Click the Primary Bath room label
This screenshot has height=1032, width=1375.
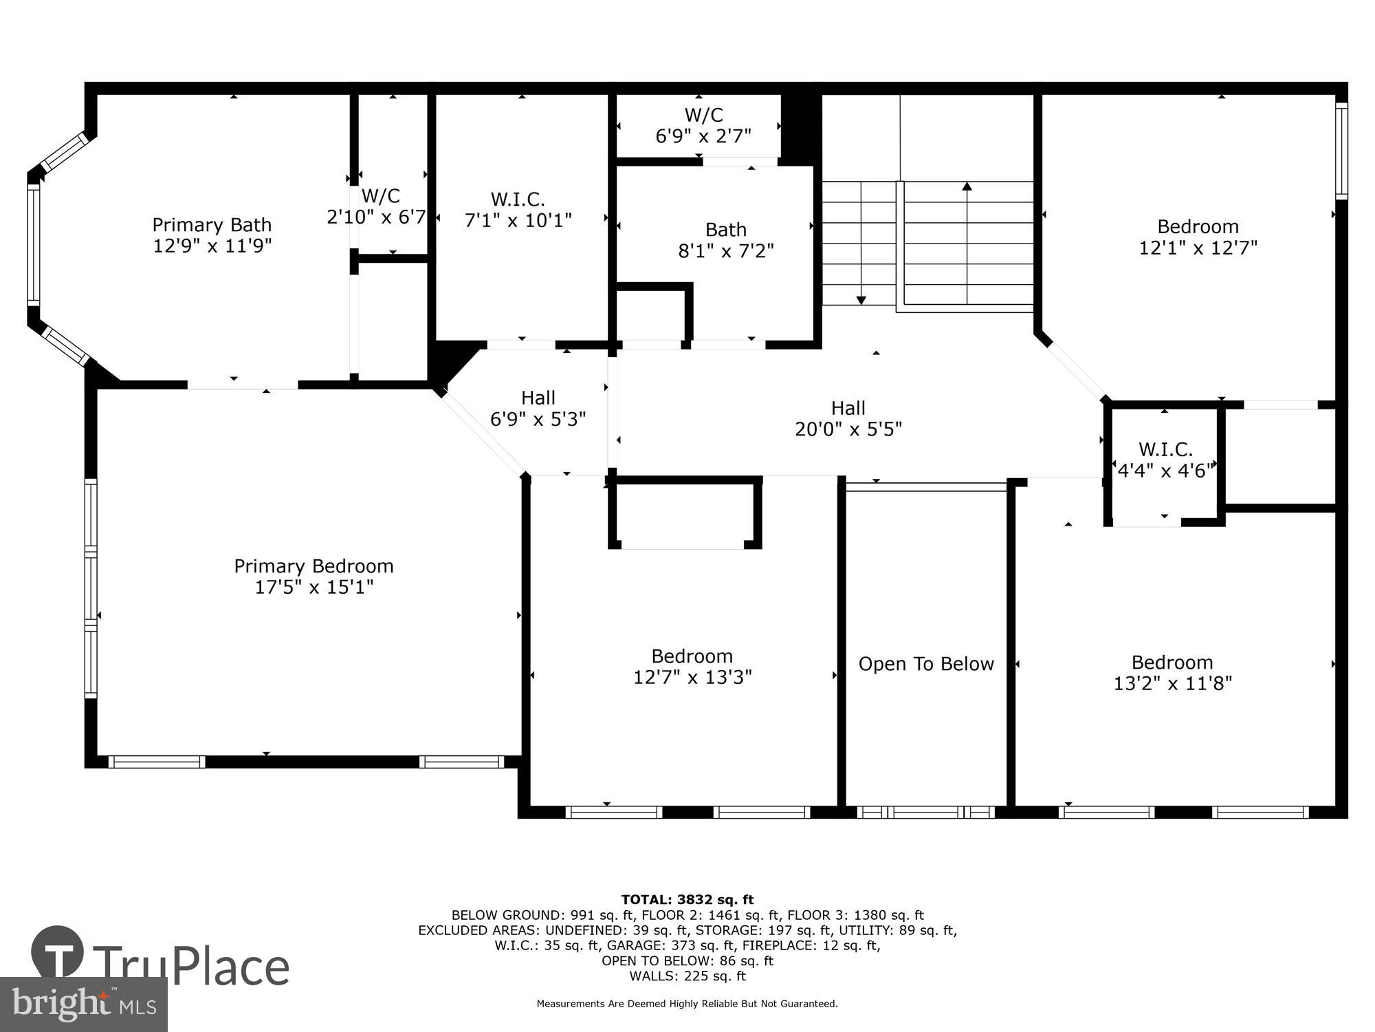(212, 225)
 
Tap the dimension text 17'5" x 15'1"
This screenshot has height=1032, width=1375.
(314, 588)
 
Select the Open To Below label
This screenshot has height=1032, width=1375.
(926, 664)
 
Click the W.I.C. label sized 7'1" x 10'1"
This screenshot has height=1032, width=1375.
(518, 200)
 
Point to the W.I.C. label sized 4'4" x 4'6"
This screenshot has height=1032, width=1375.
(1165, 450)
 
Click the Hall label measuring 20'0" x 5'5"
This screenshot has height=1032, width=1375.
(848, 409)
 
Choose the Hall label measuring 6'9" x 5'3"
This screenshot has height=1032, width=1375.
(538, 398)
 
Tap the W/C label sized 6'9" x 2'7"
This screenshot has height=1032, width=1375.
(703, 115)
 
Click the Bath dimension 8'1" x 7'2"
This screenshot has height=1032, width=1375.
(726, 251)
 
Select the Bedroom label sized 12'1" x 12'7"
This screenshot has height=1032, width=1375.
(1198, 227)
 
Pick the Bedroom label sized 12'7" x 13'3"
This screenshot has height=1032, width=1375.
(692, 656)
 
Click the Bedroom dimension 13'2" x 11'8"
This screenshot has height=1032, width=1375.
(1172, 684)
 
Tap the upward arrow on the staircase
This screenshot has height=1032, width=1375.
(967, 186)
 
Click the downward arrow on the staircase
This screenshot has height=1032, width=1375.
(861, 300)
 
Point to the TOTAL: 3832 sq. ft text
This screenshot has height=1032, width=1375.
(687, 900)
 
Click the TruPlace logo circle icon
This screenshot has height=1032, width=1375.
(57, 952)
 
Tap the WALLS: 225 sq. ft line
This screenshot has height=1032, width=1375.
(687, 976)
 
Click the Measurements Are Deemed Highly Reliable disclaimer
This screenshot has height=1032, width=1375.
(687, 1004)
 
